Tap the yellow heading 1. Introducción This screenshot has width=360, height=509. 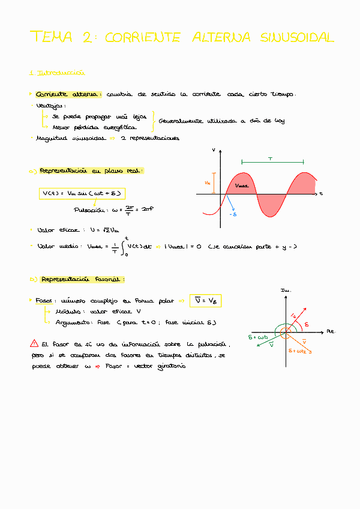[x=57, y=73]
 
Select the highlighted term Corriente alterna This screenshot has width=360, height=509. [x=68, y=94]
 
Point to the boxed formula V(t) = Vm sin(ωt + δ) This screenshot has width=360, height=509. [x=82, y=193]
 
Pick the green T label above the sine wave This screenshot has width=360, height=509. [x=271, y=158]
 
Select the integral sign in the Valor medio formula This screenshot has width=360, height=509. [x=124, y=245]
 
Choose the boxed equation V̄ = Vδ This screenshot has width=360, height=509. [x=205, y=300]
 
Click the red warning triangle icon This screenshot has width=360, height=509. [x=34, y=344]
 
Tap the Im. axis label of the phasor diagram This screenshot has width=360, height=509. [x=286, y=291]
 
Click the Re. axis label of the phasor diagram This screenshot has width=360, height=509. [x=330, y=331]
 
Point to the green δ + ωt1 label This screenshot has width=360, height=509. [x=259, y=337]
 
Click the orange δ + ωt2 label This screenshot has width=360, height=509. [x=300, y=351]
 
